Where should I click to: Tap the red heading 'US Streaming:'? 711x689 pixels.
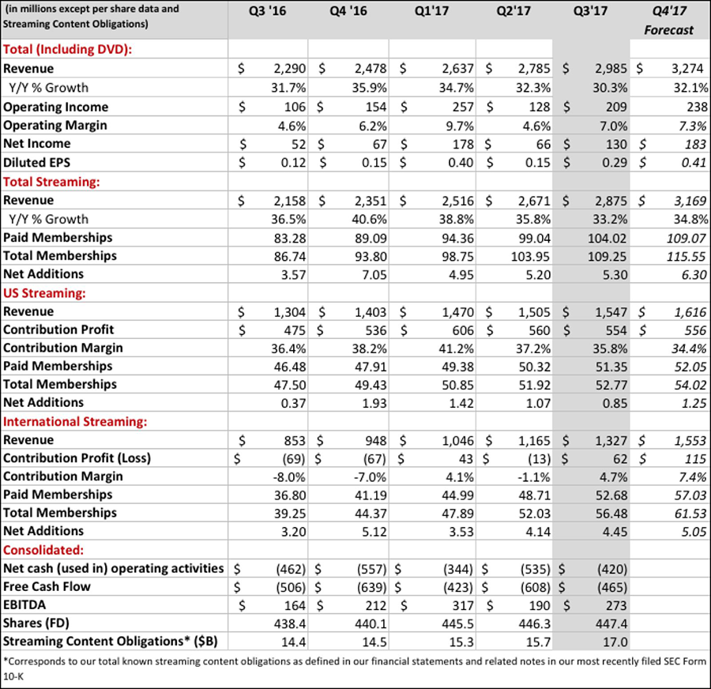(46, 292)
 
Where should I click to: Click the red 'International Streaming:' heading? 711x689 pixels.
(75, 421)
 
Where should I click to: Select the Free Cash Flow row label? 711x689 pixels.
(47, 586)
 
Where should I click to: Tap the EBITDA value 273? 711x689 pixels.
(614, 605)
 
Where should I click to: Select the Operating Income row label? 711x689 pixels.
(55, 107)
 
